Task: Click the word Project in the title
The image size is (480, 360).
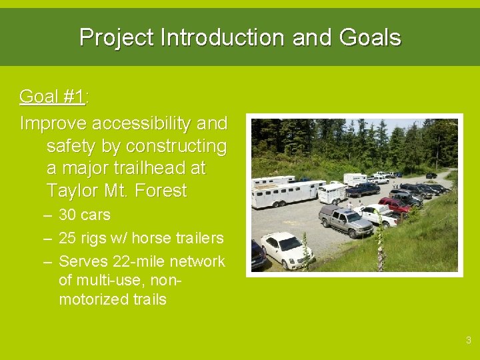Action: point(117,37)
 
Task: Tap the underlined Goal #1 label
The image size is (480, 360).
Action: point(53,97)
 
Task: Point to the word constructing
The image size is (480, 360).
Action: point(176,146)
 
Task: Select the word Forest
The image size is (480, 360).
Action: point(161,191)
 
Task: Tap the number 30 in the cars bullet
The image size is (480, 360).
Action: point(67,215)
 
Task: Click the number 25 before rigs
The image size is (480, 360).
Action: point(67,238)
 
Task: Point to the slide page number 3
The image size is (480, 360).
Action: point(468,341)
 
